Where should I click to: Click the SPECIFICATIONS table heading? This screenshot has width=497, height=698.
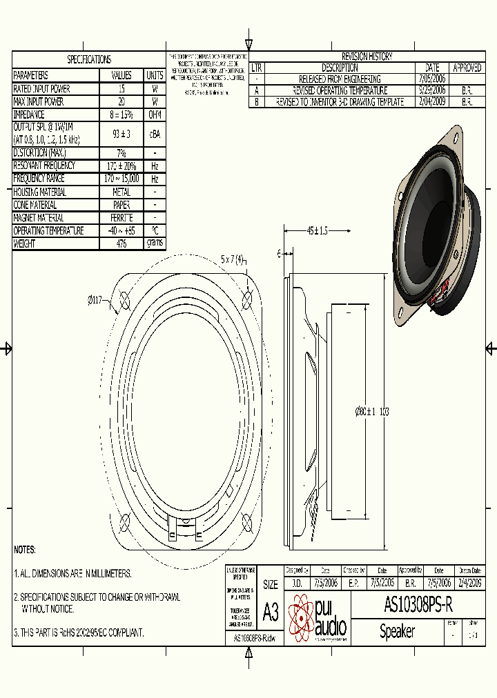88,60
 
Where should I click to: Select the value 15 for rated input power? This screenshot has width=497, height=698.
121,89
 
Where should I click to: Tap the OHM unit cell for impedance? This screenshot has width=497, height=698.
155,115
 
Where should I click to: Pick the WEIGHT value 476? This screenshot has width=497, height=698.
121,243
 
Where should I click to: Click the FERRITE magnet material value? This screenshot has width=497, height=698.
121,218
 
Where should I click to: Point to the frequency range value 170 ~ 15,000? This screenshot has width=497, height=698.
121,179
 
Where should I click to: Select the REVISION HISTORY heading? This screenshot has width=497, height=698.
367,57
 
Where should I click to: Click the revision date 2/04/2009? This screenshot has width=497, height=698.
432,101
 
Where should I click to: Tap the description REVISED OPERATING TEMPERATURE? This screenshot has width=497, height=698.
340,90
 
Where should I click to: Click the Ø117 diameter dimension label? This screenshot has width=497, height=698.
96,300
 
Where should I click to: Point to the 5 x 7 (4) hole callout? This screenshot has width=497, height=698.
232,259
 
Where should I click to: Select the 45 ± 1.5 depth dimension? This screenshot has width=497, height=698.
317,230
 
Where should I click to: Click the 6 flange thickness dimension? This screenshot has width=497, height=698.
279,254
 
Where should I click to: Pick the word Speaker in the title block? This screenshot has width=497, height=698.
397,631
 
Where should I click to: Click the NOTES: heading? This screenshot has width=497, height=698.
25,550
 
